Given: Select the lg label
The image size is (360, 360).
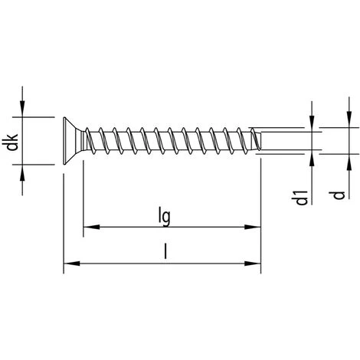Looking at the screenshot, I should pos(164,215).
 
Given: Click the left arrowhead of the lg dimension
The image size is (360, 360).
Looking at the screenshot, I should pos(89,227).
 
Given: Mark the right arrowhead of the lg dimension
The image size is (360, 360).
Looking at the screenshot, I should pos(254,227).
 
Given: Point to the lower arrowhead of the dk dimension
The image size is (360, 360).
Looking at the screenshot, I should pos(25,172).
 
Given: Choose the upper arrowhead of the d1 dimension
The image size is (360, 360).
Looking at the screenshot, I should pos(313,123).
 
